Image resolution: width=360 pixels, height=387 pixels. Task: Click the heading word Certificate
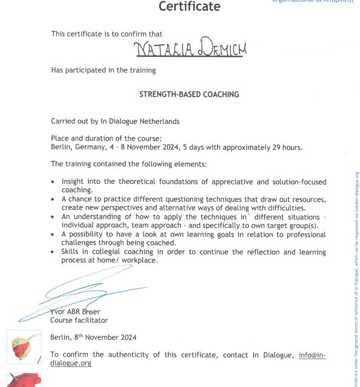tap(189, 7)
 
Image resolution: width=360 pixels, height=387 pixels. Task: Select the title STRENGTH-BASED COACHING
tap(189, 94)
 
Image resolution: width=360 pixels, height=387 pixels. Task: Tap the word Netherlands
tap(159, 121)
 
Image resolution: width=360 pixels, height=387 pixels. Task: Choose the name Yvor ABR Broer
tap(75, 311)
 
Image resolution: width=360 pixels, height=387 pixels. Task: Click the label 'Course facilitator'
tap(79, 320)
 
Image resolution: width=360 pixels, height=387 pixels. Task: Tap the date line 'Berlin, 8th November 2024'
tap(93, 337)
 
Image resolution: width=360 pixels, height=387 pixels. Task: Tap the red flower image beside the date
tap(24, 347)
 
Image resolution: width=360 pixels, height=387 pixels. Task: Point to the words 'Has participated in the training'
tap(103, 70)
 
